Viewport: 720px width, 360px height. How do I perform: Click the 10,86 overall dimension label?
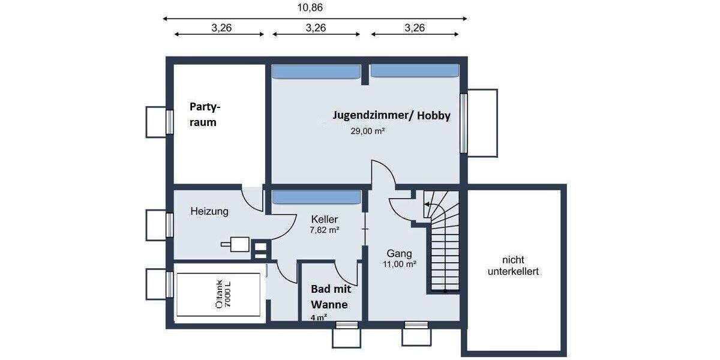[315, 7]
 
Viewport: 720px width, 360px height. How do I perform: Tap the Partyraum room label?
[205, 115]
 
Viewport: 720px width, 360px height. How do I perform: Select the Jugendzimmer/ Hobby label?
[392, 116]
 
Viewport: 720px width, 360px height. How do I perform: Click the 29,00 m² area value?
[367, 130]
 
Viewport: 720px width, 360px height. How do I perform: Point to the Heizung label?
[209, 211]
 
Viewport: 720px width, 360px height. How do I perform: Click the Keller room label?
[324, 220]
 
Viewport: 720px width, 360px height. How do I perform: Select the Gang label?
[400, 253]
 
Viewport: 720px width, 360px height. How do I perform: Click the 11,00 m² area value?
[400, 263]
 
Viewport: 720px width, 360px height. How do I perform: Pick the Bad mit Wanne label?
[329, 296]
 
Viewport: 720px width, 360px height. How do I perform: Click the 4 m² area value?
[319, 317]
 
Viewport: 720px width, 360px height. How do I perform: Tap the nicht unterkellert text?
[513, 266]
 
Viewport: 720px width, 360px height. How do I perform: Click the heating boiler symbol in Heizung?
[238, 244]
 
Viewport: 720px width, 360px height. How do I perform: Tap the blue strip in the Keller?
[316, 197]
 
